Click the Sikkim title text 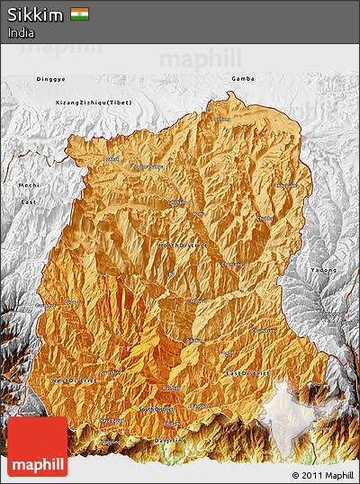tap(35, 14)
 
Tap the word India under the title tap(21, 32)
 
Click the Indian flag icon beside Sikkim tap(80, 14)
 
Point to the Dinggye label tap(50, 79)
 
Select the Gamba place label tap(242, 79)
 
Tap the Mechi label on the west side tap(29, 184)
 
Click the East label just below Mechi tap(29, 203)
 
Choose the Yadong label tap(323, 270)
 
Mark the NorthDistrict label tap(183, 244)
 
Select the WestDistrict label tap(75, 381)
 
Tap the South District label tap(158, 409)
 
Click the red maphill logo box tap(37, 446)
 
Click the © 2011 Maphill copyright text tap(322, 474)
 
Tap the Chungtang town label tap(232, 264)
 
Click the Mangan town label tap(199, 301)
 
